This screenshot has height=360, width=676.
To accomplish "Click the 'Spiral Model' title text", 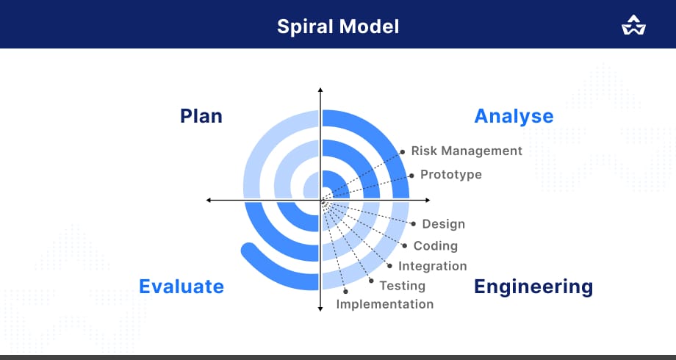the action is pyautogui.click(x=338, y=26).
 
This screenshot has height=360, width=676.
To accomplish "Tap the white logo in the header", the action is pyautogui.click(x=633, y=25).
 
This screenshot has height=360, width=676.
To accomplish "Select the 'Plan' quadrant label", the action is pyautogui.click(x=201, y=116).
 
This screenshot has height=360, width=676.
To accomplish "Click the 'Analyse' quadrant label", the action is pyautogui.click(x=514, y=116).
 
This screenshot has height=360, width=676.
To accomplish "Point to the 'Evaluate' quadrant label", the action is pyautogui.click(x=181, y=287).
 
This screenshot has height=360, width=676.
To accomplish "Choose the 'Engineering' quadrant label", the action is pyautogui.click(x=533, y=287).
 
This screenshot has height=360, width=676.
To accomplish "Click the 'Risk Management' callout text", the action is pyautogui.click(x=467, y=151).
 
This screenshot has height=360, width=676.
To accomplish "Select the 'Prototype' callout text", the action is pyautogui.click(x=451, y=175).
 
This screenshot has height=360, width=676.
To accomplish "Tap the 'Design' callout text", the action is pyautogui.click(x=444, y=224).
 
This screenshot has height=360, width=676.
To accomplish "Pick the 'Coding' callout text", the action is pyautogui.click(x=436, y=246).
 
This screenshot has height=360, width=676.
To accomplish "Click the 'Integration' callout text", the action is pyautogui.click(x=432, y=266).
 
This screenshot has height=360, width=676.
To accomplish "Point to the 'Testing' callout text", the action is pyautogui.click(x=402, y=286).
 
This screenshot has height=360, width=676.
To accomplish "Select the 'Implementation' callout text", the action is pyautogui.click(x=385, y=304).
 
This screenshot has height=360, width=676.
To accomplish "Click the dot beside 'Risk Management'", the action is pyautogui.click(x=403, y=152).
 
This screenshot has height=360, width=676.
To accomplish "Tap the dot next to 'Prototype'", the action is pyautogui.click(x=411, y=176).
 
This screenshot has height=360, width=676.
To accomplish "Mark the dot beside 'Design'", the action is pyautogui.click(x=414, y=224).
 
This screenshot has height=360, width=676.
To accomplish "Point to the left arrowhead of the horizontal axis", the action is pyautogui.click(x=208, y=200).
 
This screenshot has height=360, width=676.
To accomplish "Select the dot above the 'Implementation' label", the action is pyautogui.click(x=345, y=292).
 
